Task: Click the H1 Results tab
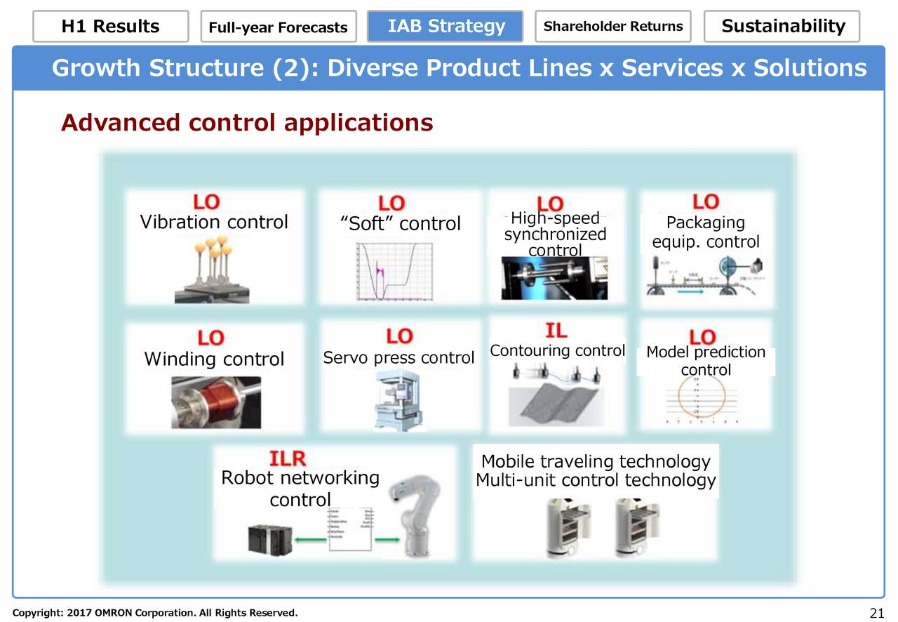coord(110,27)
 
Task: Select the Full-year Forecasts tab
coord(278,27)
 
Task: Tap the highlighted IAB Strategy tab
coord(445,27)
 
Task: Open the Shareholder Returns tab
coord(612,27)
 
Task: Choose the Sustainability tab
coord(782,27)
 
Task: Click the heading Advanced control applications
coord(247,123)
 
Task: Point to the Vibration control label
coord(214,223)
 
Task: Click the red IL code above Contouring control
coord(556,331)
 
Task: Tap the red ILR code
coord(288,459)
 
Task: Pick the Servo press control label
coord(398,358)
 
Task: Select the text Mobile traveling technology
coord(596,461)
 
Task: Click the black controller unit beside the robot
coord(267,538)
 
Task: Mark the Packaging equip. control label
coord(705,232)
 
